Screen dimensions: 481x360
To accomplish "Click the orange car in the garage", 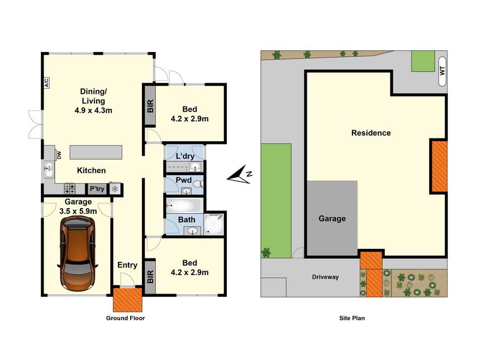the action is tap(78, 253).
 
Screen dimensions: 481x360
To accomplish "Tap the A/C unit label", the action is tap(46, 83).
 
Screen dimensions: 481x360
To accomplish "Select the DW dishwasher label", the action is tap(59, 155).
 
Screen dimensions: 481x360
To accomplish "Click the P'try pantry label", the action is tap(97, 189).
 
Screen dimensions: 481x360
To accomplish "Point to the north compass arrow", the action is tap(239, 175).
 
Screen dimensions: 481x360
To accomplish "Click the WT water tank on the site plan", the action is tap(442, 71).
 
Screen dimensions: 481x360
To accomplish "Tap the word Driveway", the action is tap(326, 277).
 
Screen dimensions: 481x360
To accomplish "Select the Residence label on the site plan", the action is tap(371, 133).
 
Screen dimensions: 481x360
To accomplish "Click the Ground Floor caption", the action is tap(126, 318).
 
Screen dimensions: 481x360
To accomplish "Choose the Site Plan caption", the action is tap(352, 318).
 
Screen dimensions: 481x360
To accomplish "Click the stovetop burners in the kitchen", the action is tap(70, 189).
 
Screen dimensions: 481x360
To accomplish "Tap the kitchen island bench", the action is tap(96, 152).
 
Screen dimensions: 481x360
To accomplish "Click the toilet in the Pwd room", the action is tap(198, 184).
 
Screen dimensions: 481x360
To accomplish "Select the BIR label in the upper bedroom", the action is tap(150, 106).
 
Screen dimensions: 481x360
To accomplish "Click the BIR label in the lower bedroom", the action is tap(150, 277).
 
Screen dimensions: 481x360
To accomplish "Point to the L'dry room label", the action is tap(185, 156).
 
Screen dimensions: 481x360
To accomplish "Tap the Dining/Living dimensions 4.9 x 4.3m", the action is tap(93, 111).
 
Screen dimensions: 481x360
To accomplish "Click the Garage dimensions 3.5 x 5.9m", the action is tap(78, 211).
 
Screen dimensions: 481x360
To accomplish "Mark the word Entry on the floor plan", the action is tap(127, 265).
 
